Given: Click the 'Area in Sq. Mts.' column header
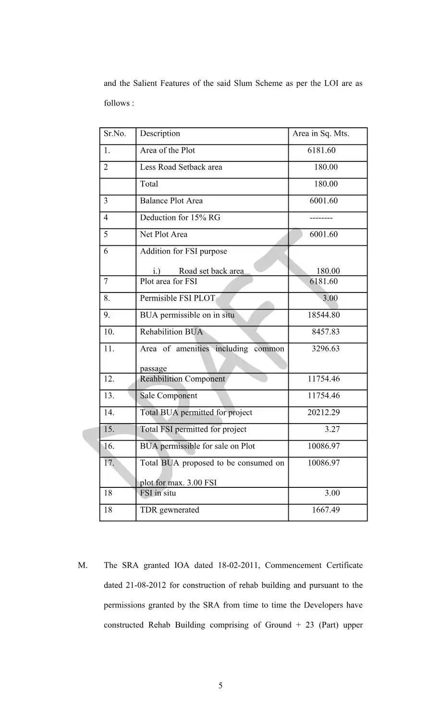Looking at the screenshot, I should coord(320,133).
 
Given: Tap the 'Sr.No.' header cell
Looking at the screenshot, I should coord(115,133).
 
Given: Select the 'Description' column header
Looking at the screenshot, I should coord(160,133).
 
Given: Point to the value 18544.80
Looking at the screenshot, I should coord(323,315).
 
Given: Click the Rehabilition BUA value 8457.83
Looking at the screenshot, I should coord(325,332).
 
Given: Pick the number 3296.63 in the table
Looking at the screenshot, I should coord(325,349).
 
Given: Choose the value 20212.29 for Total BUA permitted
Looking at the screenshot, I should coord(323,412).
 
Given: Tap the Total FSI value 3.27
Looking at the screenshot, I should coord(332,429).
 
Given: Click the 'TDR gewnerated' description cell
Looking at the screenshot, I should coord(169,510).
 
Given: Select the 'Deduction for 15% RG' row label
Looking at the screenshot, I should coord(180,218).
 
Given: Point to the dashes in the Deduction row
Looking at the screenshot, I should coord(321,218).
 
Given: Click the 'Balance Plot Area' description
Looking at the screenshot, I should coord(171,201).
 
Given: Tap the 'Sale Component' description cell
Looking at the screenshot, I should coord(168,396).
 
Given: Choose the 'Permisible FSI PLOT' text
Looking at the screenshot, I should coord(177,298).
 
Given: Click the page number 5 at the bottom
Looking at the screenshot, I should coord(220,686).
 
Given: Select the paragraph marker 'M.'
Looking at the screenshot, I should coord(83,565).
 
